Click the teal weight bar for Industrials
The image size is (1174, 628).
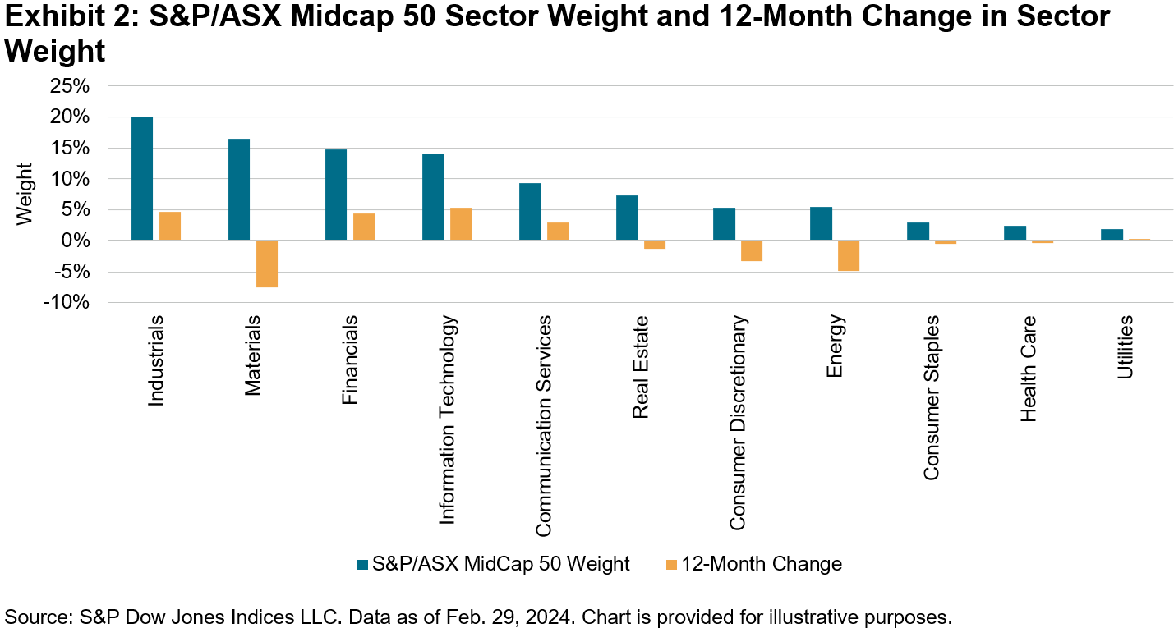tap(142, 179)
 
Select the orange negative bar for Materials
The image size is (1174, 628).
tap(267, 264)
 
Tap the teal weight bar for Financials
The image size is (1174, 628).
tap(336, 195)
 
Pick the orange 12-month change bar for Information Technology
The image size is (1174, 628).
tap(461, 224)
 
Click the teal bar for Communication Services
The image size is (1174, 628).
tap(530, 212)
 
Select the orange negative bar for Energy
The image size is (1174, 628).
tap(849, 255)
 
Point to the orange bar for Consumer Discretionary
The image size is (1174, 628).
tap(752, 250)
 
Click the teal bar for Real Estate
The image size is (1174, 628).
tap(627, 218)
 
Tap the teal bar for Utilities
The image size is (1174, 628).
tap(1112, 235)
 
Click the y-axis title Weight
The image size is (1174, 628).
tap(25, 195)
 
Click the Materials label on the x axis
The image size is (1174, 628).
tap(253, 355)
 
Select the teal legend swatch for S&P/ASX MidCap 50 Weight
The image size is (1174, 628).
tap(362, 564)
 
